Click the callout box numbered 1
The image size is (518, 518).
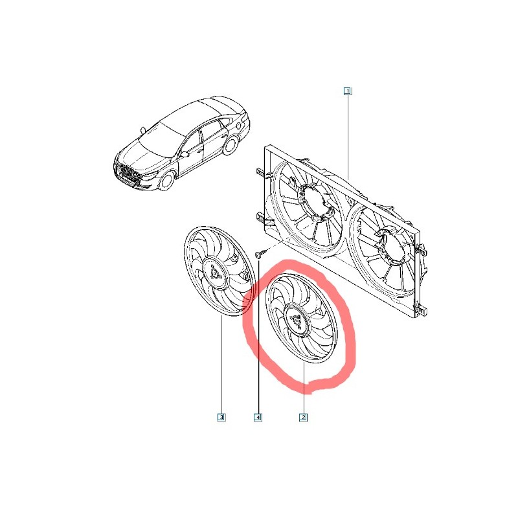coord(348,91)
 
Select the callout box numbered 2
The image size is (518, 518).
coord(303,417)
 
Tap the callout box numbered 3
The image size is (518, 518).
coord(221,417)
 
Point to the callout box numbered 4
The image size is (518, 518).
coord(258,417)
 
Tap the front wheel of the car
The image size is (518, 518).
coord(167,181)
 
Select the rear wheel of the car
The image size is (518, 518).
coord(231,144)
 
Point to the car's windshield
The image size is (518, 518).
coord(162,135)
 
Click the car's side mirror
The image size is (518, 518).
coord(184,154)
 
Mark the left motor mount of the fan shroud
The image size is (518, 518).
coord(314,201)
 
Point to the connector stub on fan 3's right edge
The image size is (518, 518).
coord(245,276)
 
